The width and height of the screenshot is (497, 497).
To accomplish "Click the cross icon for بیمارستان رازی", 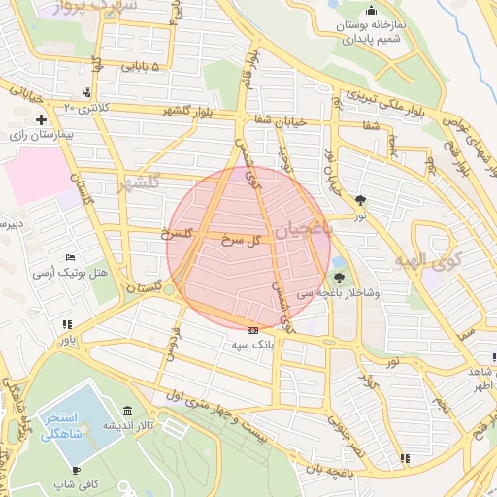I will [x=41, y=120].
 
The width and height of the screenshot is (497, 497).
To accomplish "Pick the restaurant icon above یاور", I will [x=65, y=325].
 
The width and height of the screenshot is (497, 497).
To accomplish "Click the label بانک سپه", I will [x=254, y=344].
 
